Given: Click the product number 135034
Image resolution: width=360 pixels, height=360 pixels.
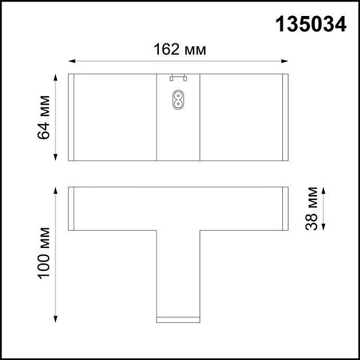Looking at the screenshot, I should pos(311,24).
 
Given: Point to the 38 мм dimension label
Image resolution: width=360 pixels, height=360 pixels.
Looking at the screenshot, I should pos(311,208).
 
